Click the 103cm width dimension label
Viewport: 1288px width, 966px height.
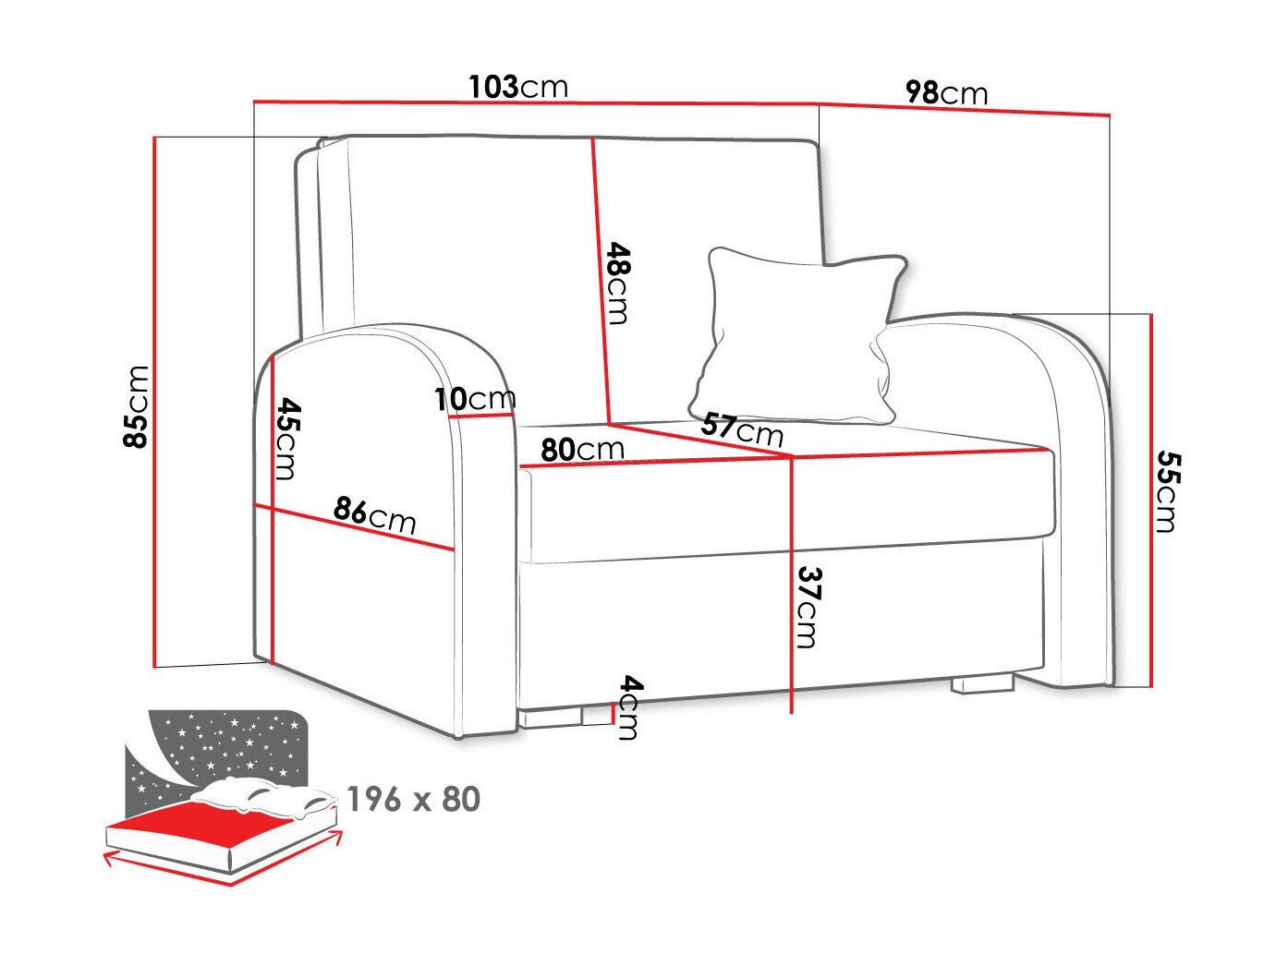518,87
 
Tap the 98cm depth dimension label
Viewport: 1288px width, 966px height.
946,92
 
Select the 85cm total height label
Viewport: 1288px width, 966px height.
136,406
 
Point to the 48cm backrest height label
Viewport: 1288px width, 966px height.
618,284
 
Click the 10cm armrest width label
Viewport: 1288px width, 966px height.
475,399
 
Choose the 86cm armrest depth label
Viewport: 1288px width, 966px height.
374,514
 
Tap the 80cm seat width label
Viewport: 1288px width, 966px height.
582,449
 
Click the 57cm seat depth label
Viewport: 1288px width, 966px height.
742,429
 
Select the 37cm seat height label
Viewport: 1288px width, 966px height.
808,607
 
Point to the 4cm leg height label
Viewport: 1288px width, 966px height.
631,706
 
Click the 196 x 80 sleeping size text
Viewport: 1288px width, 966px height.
414,799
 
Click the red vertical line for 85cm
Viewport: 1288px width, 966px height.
155,402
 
